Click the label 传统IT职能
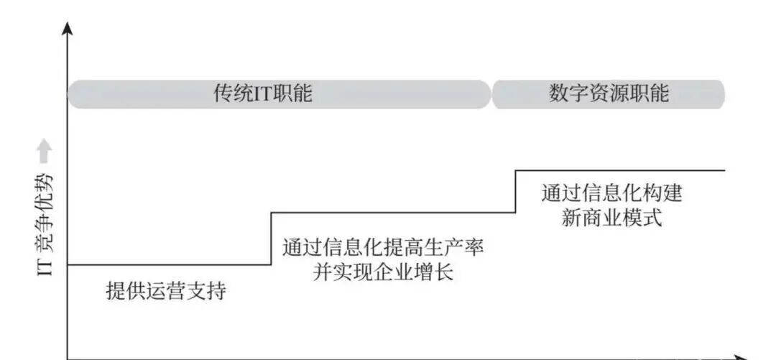click(263, 93)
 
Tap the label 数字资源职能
click(609, 93)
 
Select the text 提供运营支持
click(166, 291)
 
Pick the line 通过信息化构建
click(611, 193)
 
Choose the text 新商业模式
click(611, 218)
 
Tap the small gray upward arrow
click(45, 151)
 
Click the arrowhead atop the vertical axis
click(68, 28)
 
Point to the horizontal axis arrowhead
click(741, 358)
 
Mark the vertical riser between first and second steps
click(271, 239)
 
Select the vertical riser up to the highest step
click(516, 192)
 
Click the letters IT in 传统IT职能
click(263, 93)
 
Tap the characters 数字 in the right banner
click(568, 93)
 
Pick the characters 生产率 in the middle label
click(453, 247)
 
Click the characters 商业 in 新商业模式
click(601, 218)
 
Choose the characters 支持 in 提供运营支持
click(206, 291)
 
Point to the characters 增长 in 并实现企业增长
click(433, 272)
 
